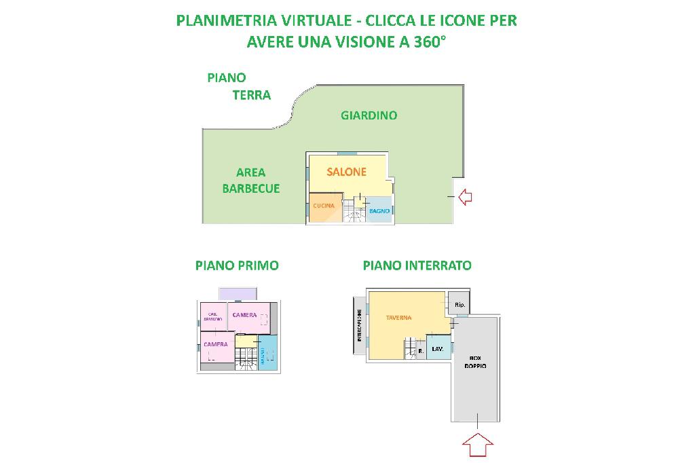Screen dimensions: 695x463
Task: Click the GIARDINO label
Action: (x=369, y=115)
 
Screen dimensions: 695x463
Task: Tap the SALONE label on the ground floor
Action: (x=346, y=172)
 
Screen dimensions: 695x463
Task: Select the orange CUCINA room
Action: (x=324, y=207)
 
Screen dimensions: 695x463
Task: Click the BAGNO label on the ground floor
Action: (x=379, y=211)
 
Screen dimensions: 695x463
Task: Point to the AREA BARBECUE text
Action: (x=250, y=181)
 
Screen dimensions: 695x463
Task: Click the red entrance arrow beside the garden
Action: (x=465, y=197)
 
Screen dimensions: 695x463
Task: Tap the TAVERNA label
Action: (x=399, y=318)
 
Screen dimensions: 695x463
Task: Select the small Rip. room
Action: (x=459, y=305)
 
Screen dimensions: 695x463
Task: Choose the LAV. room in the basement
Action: (x=438, y=349)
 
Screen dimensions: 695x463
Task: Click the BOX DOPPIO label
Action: (x=475, y=362)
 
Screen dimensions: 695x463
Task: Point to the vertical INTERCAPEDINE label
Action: (x=359, y=327)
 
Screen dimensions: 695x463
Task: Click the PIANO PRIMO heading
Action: (x=237, y=265)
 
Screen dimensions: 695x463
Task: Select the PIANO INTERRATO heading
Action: (x=417, y=265)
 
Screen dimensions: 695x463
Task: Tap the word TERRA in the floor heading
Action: (x=252, y=95)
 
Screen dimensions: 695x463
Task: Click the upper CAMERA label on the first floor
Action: (x=244, y=315)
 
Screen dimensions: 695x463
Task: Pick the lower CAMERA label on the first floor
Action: (x=216, y=344)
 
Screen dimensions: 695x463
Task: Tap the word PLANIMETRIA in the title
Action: (x=218, y=20)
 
